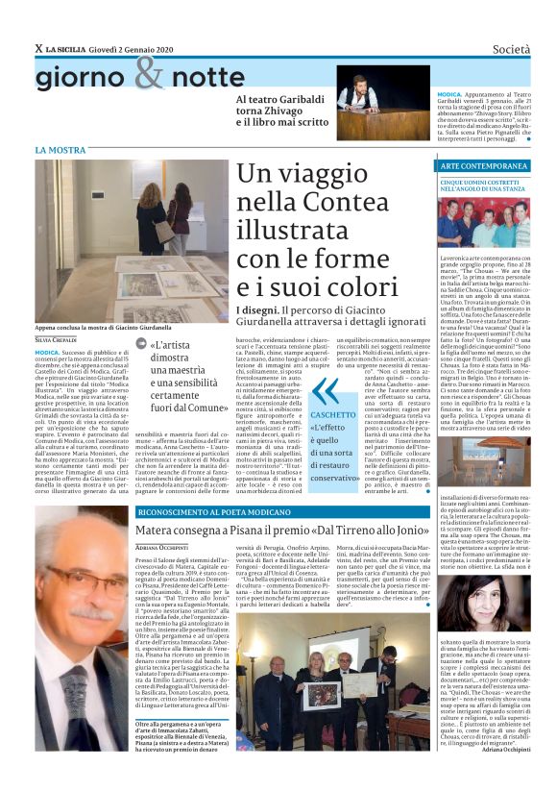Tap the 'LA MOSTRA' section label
click(x=60, y=151)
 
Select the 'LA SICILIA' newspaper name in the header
click(x=73, y=48)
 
